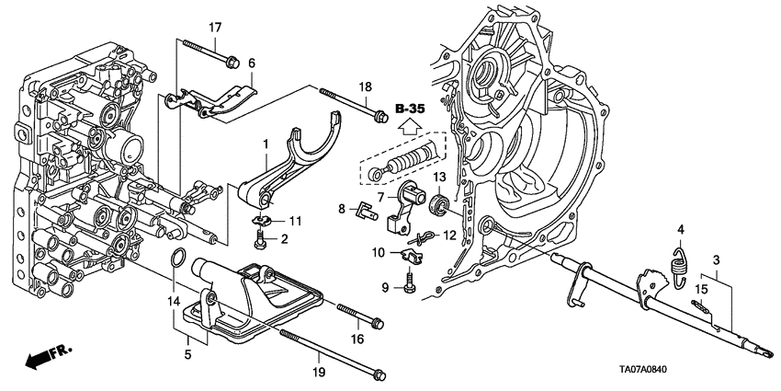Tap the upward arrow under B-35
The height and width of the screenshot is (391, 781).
tap(408, 129)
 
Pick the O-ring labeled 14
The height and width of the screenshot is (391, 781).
tap(182, 259)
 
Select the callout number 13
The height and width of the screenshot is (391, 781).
tap(439, 178)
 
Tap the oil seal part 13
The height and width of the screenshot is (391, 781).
tap(440, 201)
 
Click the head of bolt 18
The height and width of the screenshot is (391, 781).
tap(378, 116)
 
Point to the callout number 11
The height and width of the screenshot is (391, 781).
tap(296, 221)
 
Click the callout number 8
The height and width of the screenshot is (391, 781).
tap(341, 209)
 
